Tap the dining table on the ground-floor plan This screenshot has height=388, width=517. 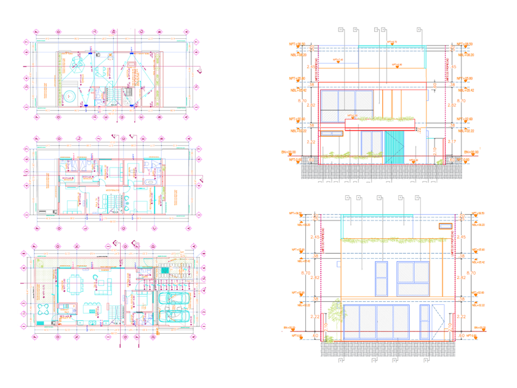click(x=76, y=284)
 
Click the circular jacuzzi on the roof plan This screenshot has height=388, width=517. click(x=70, y=95)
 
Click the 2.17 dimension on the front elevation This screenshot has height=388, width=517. click(x=435, y=148)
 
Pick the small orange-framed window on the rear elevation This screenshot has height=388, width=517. click(x=442, y=227)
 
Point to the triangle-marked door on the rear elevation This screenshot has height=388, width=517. click(x=438, y=321)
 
